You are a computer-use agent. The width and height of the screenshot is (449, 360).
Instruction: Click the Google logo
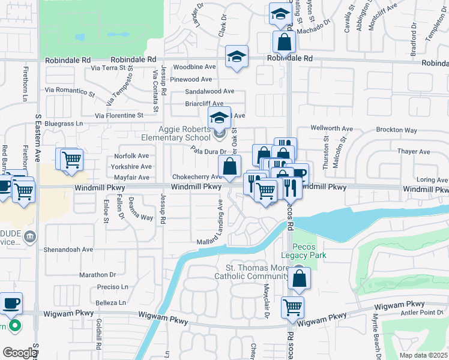(19, 352)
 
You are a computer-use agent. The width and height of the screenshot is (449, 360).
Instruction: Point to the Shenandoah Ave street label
(68, 249)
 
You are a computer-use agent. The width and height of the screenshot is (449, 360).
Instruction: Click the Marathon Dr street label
(97, 275)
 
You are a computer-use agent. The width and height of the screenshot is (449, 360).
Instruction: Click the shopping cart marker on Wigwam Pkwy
(292, 307)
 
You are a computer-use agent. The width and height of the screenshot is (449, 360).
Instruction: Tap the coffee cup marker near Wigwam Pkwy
(11, 303)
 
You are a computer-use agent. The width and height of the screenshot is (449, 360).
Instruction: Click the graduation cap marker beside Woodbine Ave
(237, 57)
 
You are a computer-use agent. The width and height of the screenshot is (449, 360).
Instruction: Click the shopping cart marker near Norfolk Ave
(71, 159)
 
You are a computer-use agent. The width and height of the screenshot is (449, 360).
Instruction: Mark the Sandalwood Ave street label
(209, 91)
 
